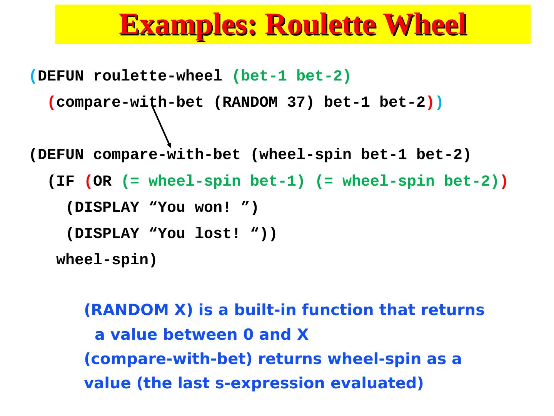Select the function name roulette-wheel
pyautogui.click(x=158, y=76)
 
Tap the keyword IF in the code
pyautogui.click(x=65, y=181)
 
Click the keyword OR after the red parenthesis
pyautogui.click(x=102, y=181)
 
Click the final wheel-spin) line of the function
pyautogui.click(x=107, y=260)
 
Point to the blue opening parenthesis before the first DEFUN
pyautogui.click(x=33, y=76)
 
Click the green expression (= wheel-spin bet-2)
pyautogui.click(x=407, y=181)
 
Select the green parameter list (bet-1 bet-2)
pyautogui.click(x=292, y=76)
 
